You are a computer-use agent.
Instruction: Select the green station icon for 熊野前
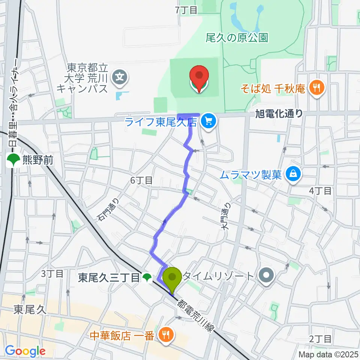pyautogui.click(x=13, y=161)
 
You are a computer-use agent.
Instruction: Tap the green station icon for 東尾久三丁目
pyautogui.click(x=147, y=278)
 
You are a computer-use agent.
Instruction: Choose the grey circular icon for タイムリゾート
pyautogui.click(x=267, y=276)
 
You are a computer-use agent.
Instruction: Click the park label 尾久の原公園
pyautogui.click(x=242, y=37)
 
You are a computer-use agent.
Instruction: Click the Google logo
pyautogui.click(x=25, y=351)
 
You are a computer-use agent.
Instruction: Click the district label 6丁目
pyautogui.click(x=141, y=180)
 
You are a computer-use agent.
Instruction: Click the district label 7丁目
pyautogui.click(x=186, y=10)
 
